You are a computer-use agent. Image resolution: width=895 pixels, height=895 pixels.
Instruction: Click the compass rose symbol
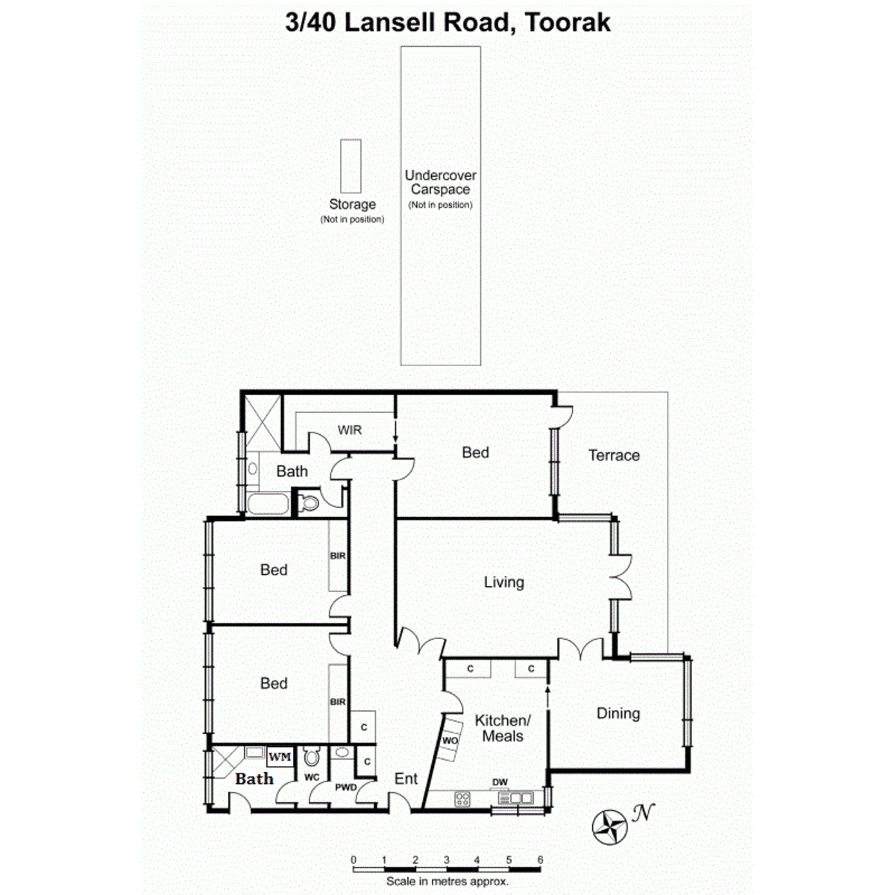tap(609, 826)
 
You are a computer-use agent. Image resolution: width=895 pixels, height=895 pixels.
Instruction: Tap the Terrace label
tap(614, 455)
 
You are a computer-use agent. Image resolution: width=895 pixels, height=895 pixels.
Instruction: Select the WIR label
tap(349, 430)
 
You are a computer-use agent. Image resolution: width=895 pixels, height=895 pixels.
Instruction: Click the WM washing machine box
tap(280, 756)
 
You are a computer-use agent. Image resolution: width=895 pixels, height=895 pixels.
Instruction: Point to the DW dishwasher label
tap(500, 782)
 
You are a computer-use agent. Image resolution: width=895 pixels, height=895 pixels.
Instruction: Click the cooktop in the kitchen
tap(462, 799)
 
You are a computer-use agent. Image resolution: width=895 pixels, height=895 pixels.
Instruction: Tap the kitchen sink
tap(515, 798)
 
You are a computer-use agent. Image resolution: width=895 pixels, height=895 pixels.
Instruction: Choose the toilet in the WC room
tap(311, 758)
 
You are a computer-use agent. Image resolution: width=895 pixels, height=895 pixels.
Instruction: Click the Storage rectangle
tap(351, 166)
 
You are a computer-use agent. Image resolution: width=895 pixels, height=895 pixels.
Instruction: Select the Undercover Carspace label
tap(440, 182)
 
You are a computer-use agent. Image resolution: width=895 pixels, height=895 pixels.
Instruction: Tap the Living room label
tap(504, 582)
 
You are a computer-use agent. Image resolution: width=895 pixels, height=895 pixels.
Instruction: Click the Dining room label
tap(618, 714)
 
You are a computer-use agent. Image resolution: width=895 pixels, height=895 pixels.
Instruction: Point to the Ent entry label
tap(406, 778)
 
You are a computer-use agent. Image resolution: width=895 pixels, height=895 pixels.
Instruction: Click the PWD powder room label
tap(345, 787)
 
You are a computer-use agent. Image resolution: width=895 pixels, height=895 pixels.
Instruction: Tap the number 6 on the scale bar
tap(540, 860)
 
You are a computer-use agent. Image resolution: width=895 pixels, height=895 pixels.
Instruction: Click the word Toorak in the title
tap(567, 23)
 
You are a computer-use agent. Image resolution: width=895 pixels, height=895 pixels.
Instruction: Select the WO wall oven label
tap(450, 741)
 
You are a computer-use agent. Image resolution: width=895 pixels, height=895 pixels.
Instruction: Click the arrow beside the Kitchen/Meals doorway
tap(547, 695)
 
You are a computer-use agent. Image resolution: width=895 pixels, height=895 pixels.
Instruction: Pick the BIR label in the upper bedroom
tap(338, 556)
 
